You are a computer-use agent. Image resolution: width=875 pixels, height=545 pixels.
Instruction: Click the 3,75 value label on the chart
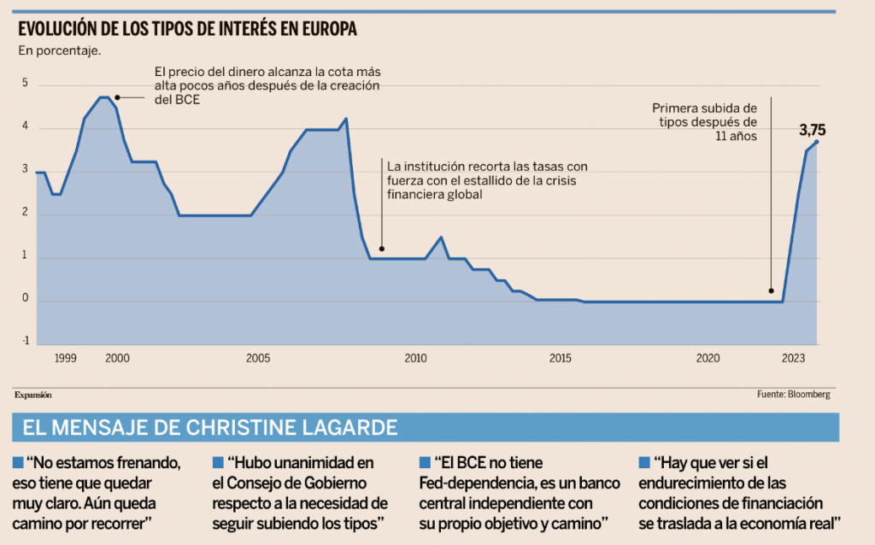coord(813,131)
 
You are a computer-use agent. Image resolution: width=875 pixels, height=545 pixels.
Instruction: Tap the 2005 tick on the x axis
coord(258,357)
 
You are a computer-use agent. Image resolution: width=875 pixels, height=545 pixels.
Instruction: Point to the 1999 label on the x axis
coord(66,357)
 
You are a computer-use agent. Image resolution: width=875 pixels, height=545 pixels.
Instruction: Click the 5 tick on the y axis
coord(26,84)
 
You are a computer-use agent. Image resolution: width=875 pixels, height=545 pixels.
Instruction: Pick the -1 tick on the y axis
coord(26,340)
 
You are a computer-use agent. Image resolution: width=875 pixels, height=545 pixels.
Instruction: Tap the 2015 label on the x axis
coord(560,357)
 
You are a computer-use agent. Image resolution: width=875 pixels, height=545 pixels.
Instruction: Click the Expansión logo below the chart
coord(33,395)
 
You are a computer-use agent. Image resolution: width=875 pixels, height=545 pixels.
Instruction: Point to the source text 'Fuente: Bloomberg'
coord(793,395)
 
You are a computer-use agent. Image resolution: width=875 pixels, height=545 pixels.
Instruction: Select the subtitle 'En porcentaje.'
coord(60,50)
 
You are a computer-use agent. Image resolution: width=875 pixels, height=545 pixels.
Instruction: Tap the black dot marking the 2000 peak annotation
coord(117,97)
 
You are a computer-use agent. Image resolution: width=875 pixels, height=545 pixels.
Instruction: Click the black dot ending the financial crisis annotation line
coord(381,249)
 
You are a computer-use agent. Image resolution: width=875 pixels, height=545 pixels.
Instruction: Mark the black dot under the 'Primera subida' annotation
coord(772,291)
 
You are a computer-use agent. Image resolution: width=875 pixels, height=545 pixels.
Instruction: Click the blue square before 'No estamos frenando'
coord(18,463)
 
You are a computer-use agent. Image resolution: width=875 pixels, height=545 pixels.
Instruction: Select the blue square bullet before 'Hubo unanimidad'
coord(218,463)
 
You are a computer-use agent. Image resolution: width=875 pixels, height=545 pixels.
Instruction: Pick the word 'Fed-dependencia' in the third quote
coord(470,483)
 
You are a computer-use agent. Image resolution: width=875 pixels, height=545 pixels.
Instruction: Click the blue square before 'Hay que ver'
coord(643,463)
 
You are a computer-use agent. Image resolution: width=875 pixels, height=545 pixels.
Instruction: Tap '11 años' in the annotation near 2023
coord(734,136)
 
